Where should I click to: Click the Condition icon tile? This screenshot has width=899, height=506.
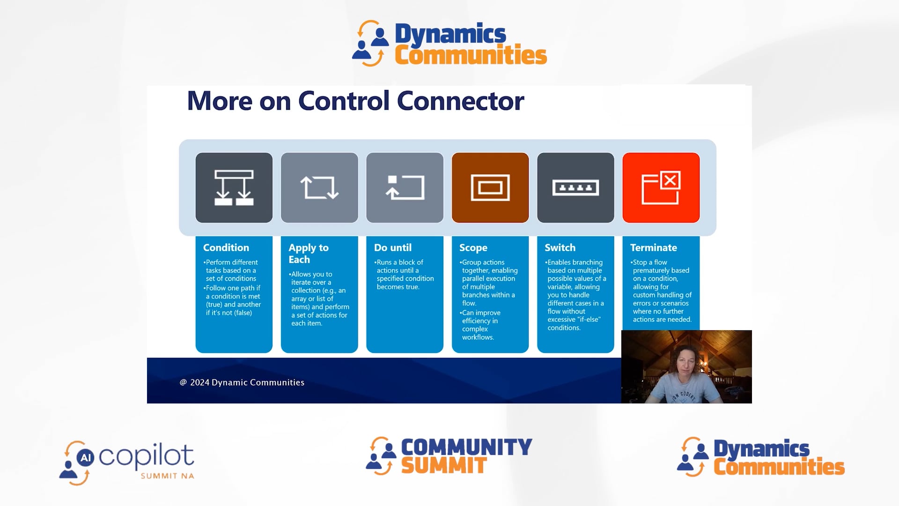[x=234, y=187]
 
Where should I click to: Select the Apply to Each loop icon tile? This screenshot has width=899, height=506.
[x=319, y=187]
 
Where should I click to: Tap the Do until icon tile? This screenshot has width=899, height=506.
[x=405, y=187]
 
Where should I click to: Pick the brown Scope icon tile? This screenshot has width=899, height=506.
[x=490, y=187]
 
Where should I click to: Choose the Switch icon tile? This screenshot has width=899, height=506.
[x=575, y=187]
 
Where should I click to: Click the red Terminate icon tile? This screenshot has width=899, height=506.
[x=661, y=187]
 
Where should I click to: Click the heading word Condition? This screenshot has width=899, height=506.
[x=226, y=247]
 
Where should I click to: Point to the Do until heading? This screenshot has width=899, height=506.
[x=392, y=247]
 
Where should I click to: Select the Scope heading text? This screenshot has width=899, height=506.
[x=473, y=247]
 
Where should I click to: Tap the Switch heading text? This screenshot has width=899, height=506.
[x=560, y=247]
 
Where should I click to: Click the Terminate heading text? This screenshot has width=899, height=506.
[x=653, y=247]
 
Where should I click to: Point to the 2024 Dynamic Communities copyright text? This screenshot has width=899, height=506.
[x=247, y=382]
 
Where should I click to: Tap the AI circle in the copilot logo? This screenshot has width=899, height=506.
[x=85, y=457]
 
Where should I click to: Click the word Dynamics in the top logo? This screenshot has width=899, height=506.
[x=450, y=34]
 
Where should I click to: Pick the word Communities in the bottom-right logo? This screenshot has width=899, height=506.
[x=779, y=467]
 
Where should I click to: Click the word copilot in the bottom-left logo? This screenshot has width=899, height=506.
[x=146, y=455]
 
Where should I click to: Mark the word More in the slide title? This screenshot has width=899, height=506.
[x=219, y=101]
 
